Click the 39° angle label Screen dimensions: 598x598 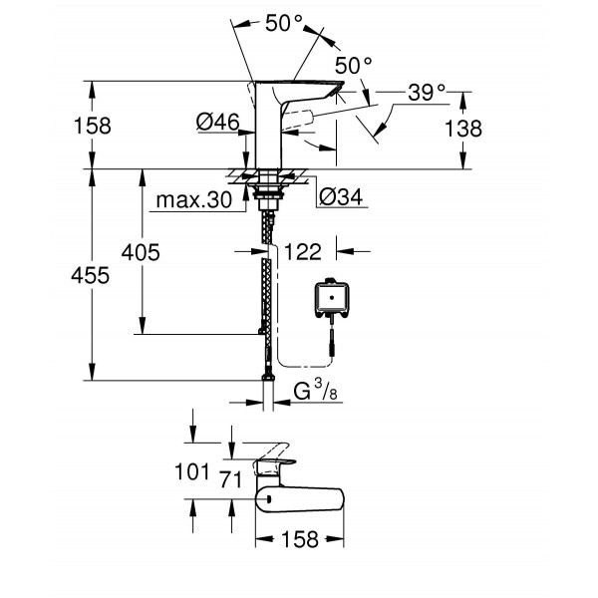click(x=427, y=94)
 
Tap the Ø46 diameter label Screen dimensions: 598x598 click(x=218, y=122)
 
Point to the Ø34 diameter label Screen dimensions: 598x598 click(x=340, y=196)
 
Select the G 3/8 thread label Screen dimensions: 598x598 click(x=318, y=393)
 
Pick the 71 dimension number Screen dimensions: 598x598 click(x=231, y=478)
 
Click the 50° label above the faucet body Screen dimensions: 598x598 click(x=284, y=22)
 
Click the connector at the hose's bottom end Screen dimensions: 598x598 click(x=267, y=378)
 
